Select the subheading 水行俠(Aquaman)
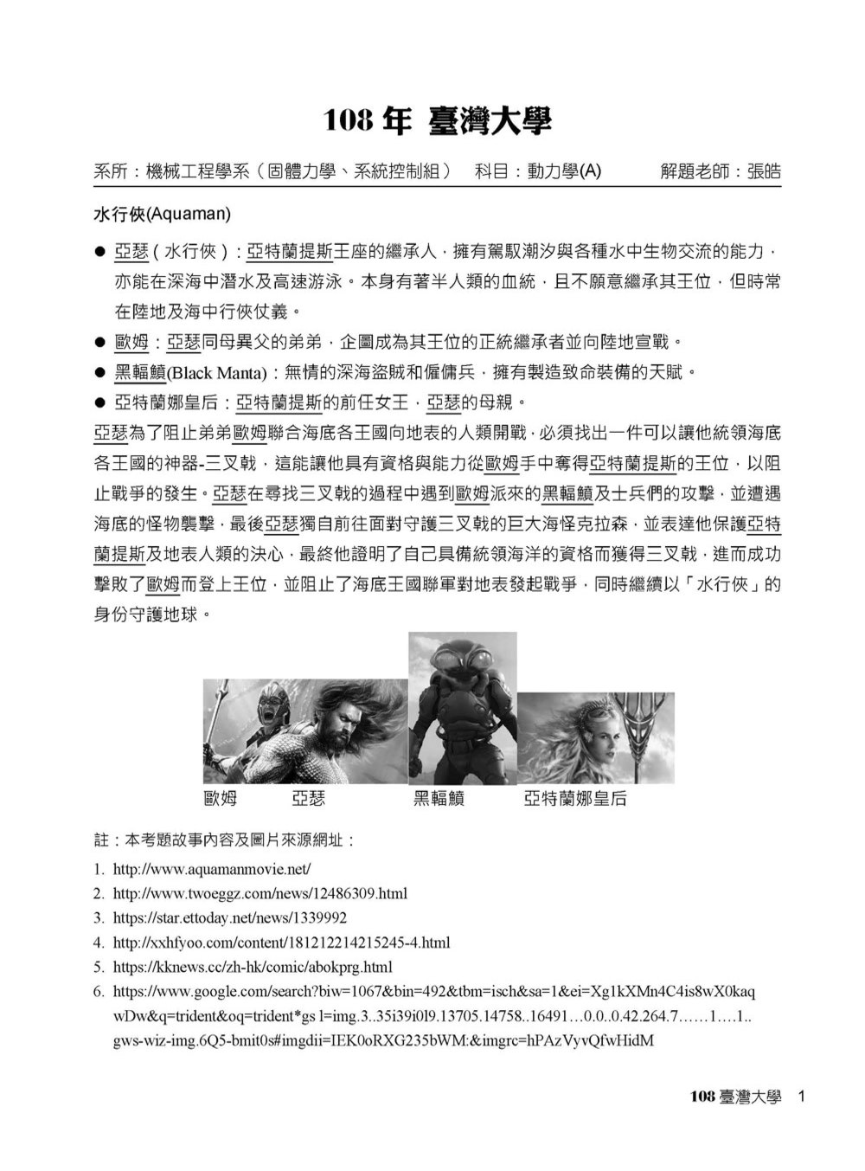tap(162, 213)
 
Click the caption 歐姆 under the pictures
tap(220, 799)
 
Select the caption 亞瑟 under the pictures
tap(308, 799)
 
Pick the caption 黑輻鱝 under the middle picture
tap(439, 799)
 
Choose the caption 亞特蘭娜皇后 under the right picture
tap(575, 799)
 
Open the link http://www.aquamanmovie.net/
tap(211, 868)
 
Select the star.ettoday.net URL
tap(229, 917)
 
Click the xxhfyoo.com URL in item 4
tap(281, 942)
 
